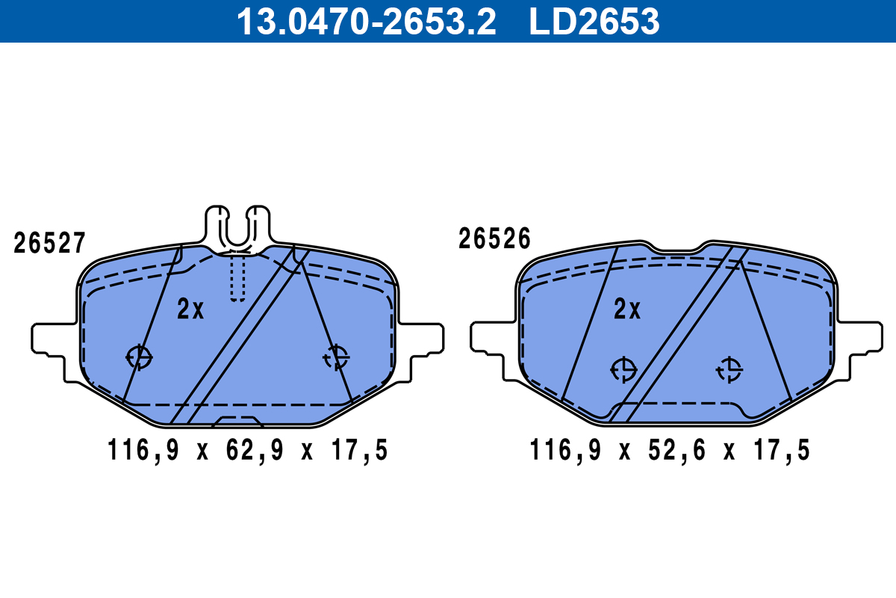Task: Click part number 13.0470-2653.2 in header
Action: coord(366,21)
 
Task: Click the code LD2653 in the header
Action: coord(594,21)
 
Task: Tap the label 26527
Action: coord(50,243)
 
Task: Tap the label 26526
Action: coord(494,239)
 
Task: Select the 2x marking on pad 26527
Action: coord(190,309)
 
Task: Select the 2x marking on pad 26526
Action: coord(627,309)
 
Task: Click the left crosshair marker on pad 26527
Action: coord(139,357)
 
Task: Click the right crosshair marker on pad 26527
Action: coord(337,357)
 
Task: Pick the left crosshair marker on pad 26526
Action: coord(623,369)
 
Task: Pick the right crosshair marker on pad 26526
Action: coord(729,369)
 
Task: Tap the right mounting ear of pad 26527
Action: coord(422,339)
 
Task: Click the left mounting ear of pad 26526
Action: coord(491,337)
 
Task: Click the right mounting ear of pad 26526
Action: coord(861,337)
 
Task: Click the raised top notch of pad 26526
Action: coord(677,248)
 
